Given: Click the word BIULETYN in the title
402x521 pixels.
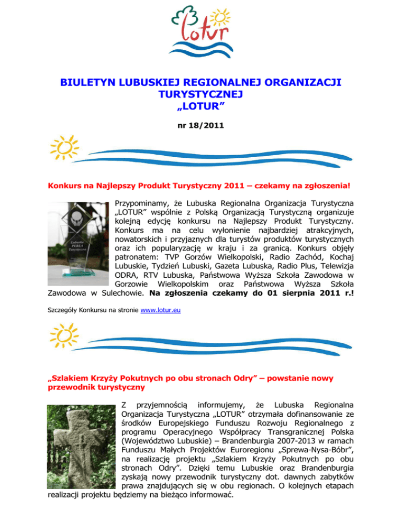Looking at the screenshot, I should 86,83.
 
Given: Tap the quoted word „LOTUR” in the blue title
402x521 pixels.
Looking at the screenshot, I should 201,107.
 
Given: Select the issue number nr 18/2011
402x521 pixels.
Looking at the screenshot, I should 201,126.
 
